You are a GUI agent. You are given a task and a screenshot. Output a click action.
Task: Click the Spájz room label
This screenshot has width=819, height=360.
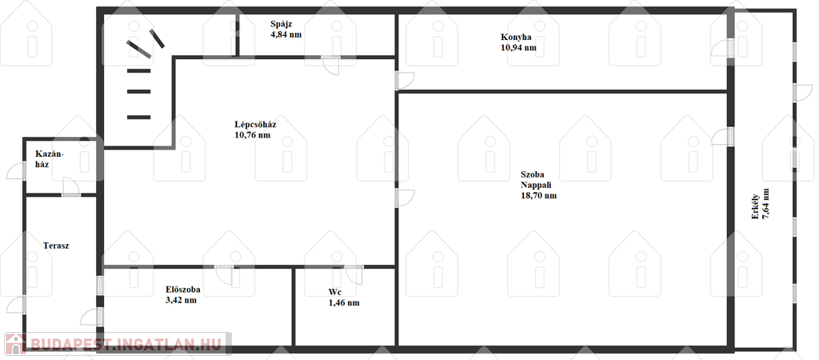point(281,24)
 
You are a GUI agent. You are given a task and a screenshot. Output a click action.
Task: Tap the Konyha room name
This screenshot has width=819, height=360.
point(516,37)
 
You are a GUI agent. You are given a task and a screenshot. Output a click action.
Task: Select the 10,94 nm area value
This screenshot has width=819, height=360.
point(518,48)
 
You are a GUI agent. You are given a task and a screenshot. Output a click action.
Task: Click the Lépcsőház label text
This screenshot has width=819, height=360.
point(255,125)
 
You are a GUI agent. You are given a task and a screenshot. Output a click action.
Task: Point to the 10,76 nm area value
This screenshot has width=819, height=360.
point(253,136)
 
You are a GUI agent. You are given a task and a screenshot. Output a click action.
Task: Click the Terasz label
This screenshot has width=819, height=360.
point(57,246)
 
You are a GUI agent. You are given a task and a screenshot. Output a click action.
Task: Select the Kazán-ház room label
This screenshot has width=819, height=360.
point(50,159)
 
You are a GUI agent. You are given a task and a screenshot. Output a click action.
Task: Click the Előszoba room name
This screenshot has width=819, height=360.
point(183,290)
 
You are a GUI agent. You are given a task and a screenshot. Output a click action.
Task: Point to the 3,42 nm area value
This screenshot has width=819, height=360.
point(181,301)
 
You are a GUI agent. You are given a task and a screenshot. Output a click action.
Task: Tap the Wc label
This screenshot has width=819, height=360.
point(335,292)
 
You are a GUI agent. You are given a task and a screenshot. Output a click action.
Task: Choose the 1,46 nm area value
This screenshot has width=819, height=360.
point(344,303)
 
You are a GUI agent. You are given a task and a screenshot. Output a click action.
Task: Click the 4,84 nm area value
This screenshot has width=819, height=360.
point(286,35)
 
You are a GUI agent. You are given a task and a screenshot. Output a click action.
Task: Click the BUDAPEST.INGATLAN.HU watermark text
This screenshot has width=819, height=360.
point(126,344)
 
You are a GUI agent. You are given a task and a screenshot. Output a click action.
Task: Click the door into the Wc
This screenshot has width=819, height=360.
point(354,275)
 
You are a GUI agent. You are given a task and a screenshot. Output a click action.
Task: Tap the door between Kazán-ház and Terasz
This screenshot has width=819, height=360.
point(71,186)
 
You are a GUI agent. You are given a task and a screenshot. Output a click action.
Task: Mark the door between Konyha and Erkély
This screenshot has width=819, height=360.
point(721,48)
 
